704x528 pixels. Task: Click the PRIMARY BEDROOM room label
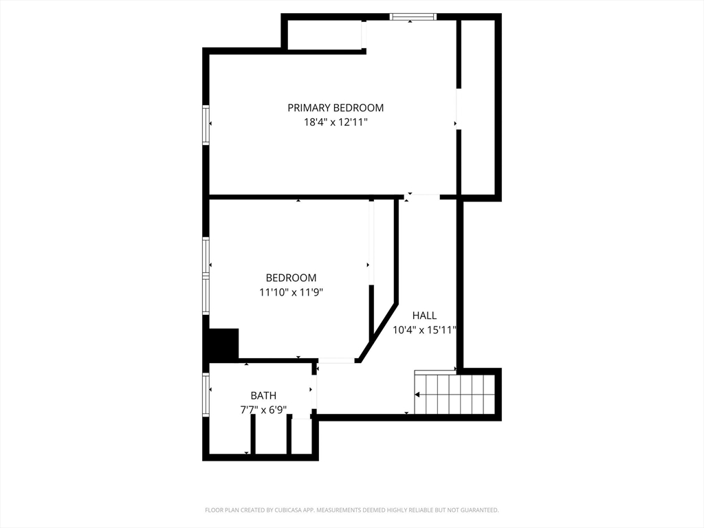pos(335,108)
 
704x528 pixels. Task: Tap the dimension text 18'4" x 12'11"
pos(335,122)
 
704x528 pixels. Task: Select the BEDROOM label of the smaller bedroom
pos(291,278)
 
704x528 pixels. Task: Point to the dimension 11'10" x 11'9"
pos(291,292)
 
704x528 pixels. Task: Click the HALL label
pos(424,316)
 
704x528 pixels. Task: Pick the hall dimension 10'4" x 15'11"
pos(424,330)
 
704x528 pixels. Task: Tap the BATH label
pos(263,395)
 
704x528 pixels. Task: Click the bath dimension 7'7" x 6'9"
pos(263,410)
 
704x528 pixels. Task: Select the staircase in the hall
pos(454,393)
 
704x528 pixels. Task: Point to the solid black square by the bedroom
pos(223,344)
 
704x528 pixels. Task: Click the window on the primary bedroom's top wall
pos(413,17)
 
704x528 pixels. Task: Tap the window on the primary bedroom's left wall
pos(206,125)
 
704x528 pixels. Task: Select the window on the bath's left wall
pos(206,395)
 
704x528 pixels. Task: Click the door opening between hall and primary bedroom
pos(421,197)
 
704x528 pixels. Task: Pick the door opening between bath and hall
pos(314,391)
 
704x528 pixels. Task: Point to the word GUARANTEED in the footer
pos(481,510)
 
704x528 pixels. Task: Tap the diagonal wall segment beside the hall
pos(378,333)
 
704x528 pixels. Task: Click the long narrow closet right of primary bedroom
pos(478,108)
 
